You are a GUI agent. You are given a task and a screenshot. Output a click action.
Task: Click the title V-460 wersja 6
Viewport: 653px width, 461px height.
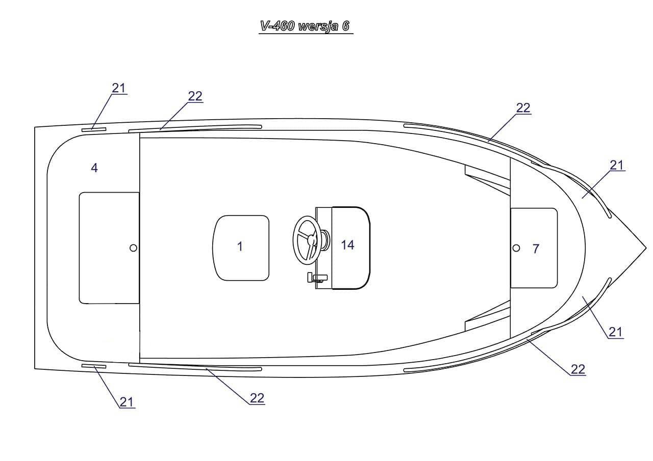[306, 26]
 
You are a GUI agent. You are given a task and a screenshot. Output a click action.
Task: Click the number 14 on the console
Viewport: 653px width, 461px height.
[347, 245]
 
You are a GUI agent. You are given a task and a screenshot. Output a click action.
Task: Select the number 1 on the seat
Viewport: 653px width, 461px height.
[240, 247]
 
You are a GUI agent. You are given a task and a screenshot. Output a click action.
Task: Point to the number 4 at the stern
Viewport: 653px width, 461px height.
[94, 167]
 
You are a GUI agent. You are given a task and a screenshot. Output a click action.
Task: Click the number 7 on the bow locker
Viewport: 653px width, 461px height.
[535, 249]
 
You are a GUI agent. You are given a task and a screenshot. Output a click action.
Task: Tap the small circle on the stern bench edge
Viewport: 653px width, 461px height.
[133, 248]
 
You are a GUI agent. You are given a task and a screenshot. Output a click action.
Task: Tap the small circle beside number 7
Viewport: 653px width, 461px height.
[516, 248]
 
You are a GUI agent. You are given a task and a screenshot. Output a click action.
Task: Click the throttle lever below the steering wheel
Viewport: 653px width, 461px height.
[316, 277]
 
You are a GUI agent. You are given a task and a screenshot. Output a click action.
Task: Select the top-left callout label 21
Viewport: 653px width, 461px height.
[118, 88]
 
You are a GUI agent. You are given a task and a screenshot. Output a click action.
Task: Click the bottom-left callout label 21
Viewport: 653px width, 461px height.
[127, 402]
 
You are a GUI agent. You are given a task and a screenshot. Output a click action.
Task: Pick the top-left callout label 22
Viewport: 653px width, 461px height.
[195, 96]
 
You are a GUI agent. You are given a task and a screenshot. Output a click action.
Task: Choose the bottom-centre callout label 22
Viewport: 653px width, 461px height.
[257, 398]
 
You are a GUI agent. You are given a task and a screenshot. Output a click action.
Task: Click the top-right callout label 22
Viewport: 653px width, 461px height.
[523, 108]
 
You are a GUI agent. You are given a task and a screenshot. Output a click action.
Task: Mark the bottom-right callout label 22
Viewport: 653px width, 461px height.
[577, 369]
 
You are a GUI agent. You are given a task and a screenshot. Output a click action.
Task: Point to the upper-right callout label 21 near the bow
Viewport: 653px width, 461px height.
[617, 165]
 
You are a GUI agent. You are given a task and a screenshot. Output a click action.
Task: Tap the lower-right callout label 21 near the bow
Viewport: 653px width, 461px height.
[615, 332]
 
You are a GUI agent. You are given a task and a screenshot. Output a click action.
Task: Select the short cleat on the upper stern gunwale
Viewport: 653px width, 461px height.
[93, 129]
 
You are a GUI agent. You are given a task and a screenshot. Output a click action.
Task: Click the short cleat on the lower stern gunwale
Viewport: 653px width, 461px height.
[93, 366]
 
